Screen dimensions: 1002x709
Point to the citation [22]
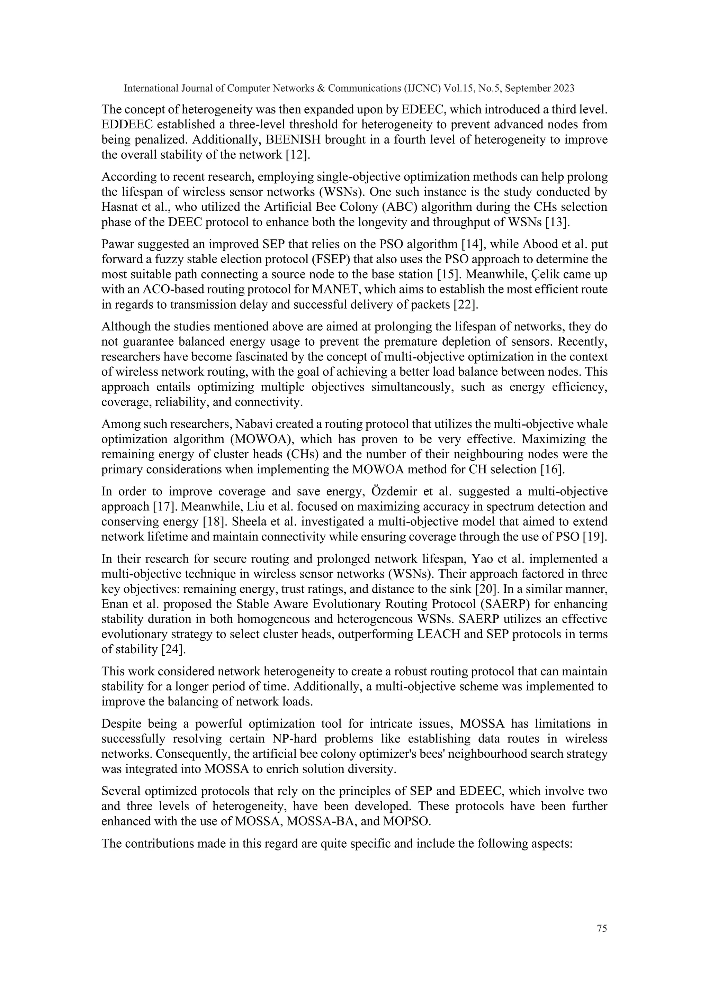pos(466,304)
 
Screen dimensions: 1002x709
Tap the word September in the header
pos(528,89)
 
